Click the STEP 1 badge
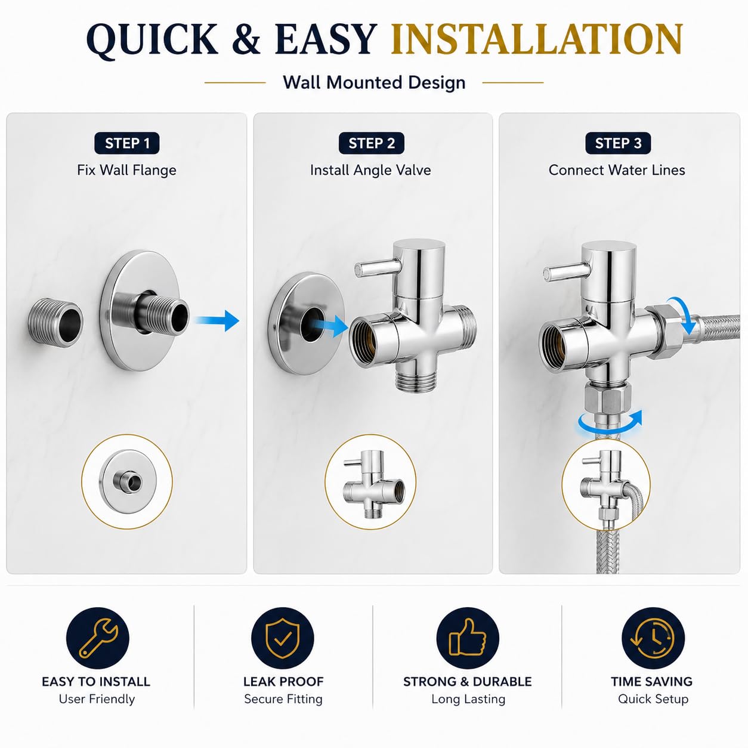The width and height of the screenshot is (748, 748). pyautogui.click(x=126, y=143)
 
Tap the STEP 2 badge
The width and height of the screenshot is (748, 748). pyautogui.click(x=372, y=143)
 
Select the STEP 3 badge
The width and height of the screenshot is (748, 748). pyautogui.click(x=618, y=143)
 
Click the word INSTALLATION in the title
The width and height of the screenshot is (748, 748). pyautogui.click(x=536, y=39)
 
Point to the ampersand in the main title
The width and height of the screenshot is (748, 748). pyautogui.click(x=247, y=39)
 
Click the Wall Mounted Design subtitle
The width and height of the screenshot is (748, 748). pyautogui.click(x=374, y=83)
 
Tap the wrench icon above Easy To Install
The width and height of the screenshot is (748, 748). pyautogui.click(x=97, y=639)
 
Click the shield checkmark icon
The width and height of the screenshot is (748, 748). pyautogui.click(x=283, y=639)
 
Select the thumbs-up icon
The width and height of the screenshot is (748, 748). pyautogui.click(x=468, y=639)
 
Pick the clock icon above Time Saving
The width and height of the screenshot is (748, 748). pyautogui.click(x=653, y=639)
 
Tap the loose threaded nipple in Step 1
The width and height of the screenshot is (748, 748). pyautogui.click(x=55, y=323)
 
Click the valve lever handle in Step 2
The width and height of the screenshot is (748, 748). pyautogui.click(x=378, y=268)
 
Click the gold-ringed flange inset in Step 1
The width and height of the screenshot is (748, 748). pyautogui.click(x=127, y=482)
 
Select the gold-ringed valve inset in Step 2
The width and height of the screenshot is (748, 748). pyautogui.click(x=370, y=482)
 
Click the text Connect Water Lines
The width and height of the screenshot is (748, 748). pyautogui.click(x=616, y=171)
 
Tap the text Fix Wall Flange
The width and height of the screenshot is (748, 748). pyautogui.click(x=126, y=171)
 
